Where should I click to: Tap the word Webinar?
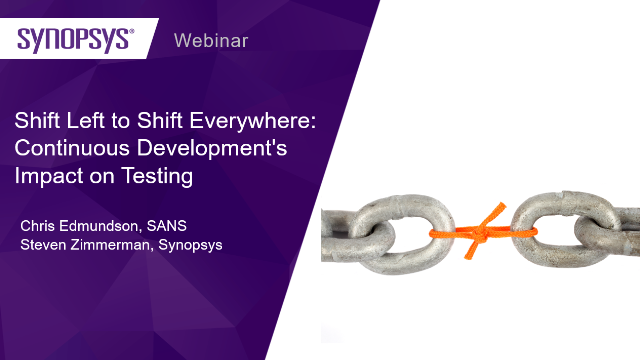pyautogui.click(x=211, y=40)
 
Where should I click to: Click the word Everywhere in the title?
pyautogui.click(x=253, y=121)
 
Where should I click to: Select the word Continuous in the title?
pyautogui.click(x=72, y=147)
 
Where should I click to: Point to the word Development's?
pyautogui.click(x=212, y=149)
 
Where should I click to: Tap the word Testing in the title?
pyautogui.click(x=157, y=176)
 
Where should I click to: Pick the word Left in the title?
pyautogui.click(x=85, y=120)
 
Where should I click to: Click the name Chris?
pyautogui.click(x=38, y=226)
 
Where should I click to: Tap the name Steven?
pyautogui.click(x=43, y=244)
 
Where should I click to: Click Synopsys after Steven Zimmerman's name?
pyautogui.click(x=190, y=245)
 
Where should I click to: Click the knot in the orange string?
pyautogui.click(x=480, y=233)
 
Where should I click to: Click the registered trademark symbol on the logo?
pyautogui.click(x=131, y=31)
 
